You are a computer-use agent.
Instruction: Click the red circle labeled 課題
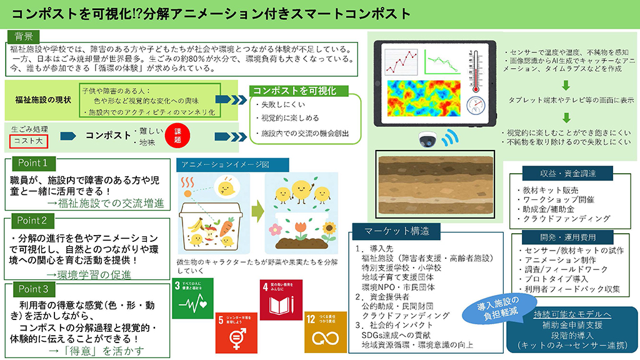(x=177, y=136)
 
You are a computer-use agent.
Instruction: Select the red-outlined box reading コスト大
(x=29, y=140)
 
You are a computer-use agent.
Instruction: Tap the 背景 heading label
(x=24, y=36)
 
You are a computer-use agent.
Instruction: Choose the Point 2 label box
(x=33, y=221)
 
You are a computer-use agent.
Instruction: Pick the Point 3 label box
(x=33, y=289)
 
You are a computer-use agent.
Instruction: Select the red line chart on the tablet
(x=400, y=61)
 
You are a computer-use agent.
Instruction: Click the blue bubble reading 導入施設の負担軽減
(x=494, y=310)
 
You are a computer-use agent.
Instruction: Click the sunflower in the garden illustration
(x=328, y=229)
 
